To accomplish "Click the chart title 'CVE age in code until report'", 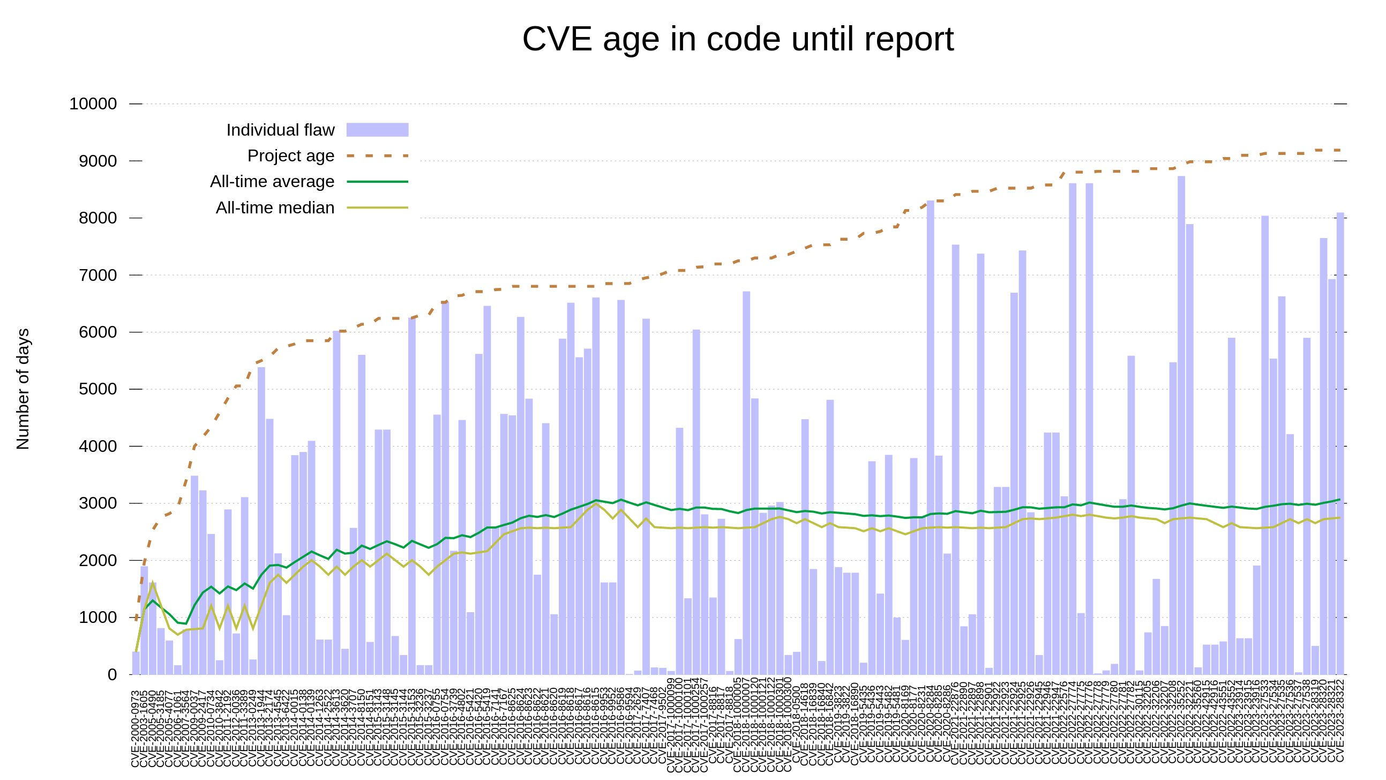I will click(738, 39).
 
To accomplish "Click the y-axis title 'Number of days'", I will click(23, 389).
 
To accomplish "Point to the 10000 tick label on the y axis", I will click(93, 103).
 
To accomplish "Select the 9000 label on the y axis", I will click(98, 161).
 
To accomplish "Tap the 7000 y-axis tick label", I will click(98, 275).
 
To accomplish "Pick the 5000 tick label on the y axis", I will click(98, 389).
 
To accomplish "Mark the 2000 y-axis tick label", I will click(98, 560).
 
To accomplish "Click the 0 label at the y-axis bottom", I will click(112, 674).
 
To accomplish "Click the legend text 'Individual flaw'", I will click(280, 130).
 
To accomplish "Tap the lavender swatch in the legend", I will click(377, 130).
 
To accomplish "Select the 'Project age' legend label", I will click(290, 155).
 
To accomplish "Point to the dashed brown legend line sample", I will click(377, 155).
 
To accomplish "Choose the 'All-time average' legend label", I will click(272, 181).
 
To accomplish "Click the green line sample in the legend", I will click(377, 181).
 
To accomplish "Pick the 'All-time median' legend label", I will click(275, 207).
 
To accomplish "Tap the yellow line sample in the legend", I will click(377, 207).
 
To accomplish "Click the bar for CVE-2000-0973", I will click(136, 663).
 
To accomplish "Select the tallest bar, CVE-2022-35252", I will click(1181, 425).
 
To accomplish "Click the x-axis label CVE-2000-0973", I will click(136, 729).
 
